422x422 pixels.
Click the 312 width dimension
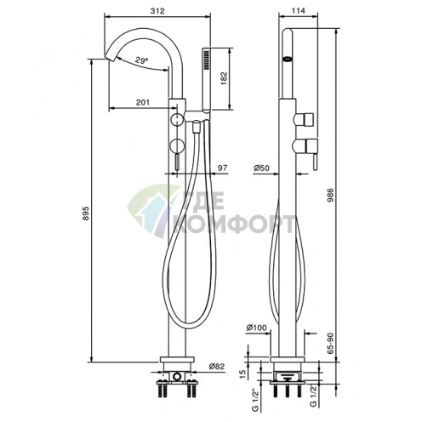click(157, 11)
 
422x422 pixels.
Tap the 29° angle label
click(141, 60)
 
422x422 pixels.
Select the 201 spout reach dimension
click(143, 102)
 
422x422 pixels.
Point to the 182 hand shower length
click(224, 78)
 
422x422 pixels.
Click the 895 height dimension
click(86, 214)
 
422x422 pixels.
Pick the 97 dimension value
click(222, 168)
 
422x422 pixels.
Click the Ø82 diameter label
click(217, 367)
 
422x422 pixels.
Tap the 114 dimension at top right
click(299, 10)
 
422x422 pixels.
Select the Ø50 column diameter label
click(261, 168)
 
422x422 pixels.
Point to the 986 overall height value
click(331, 195)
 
